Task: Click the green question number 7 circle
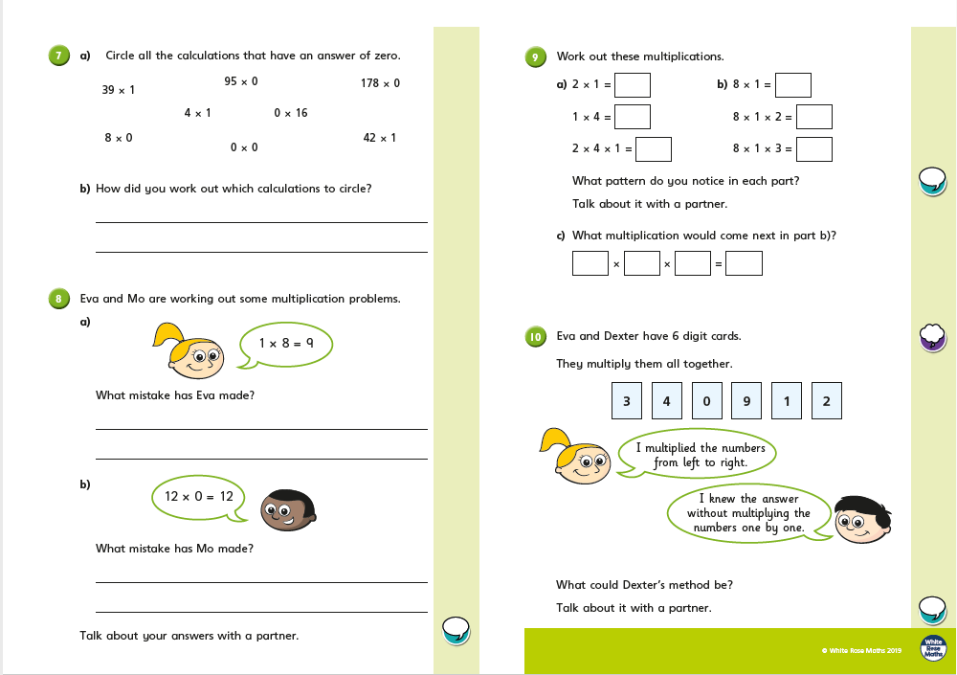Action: (58, 56)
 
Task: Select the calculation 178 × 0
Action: (380, 83)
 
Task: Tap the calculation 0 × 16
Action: (291, 113)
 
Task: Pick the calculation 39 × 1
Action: (119, 90)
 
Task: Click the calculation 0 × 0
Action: (244, 147)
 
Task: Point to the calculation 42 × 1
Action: (379, 138)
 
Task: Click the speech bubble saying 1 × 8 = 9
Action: (286, 343)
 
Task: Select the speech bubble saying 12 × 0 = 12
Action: (199, 497)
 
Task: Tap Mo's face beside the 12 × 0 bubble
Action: (288, 510)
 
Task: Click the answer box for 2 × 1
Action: (633, 85)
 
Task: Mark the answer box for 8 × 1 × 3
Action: (814, 149)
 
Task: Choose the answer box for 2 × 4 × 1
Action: (654, 149)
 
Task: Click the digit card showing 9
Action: (746, 401)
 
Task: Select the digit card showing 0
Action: (706, 401)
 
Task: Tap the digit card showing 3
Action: (627, 401)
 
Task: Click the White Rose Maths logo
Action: (932, 649)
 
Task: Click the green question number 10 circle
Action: (536, 336)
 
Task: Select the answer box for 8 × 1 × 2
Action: (814, 117)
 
